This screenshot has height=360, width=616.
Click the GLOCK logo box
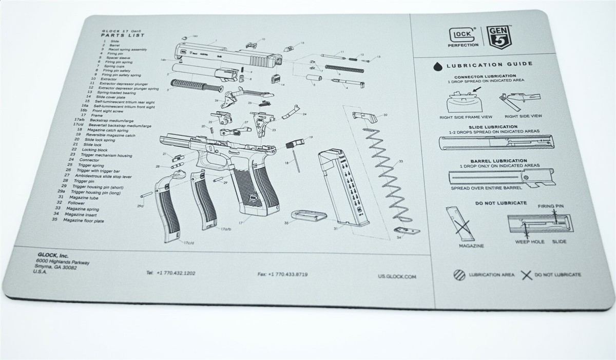click(x=464, y=34)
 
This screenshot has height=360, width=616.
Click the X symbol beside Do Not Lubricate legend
click(x=526, y=275)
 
